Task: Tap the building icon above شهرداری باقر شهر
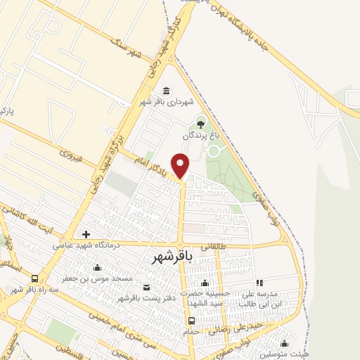(x=167, y=90)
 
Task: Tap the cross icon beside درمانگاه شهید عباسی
(x=86, y=234)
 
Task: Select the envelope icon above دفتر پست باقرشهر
(x=146, y=287)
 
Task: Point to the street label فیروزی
(x=71, y=153)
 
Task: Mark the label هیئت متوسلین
(x=288, y=354)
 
